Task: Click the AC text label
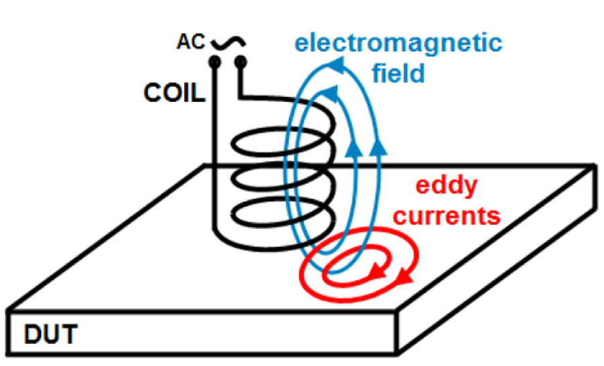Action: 191,42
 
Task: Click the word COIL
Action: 173,93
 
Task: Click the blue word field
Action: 399,73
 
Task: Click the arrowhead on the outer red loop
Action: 405,275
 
